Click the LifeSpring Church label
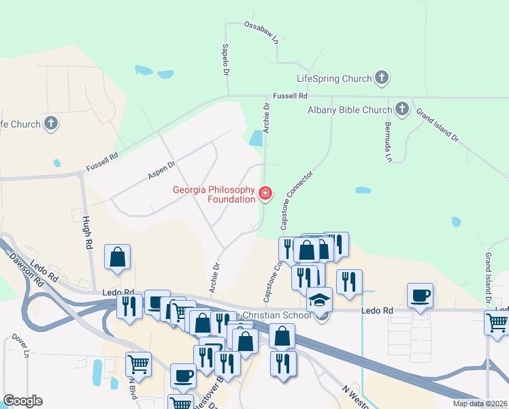pos(334,78)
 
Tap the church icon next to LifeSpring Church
pos(382,78)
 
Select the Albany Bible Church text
pos(350,110)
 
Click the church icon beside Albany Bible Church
pos(402,109)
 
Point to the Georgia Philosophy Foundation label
pos(214,196)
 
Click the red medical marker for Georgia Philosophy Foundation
pos(265,195)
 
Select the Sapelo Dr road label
pos(225,60)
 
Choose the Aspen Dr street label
pos(161,170)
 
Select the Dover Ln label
pos(21,346)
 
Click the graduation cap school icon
pos(318,299)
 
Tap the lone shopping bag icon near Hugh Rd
pos(117,257)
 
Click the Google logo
pos(22,401)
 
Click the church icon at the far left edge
pos(50,123)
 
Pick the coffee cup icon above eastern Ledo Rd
pos(420,296)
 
